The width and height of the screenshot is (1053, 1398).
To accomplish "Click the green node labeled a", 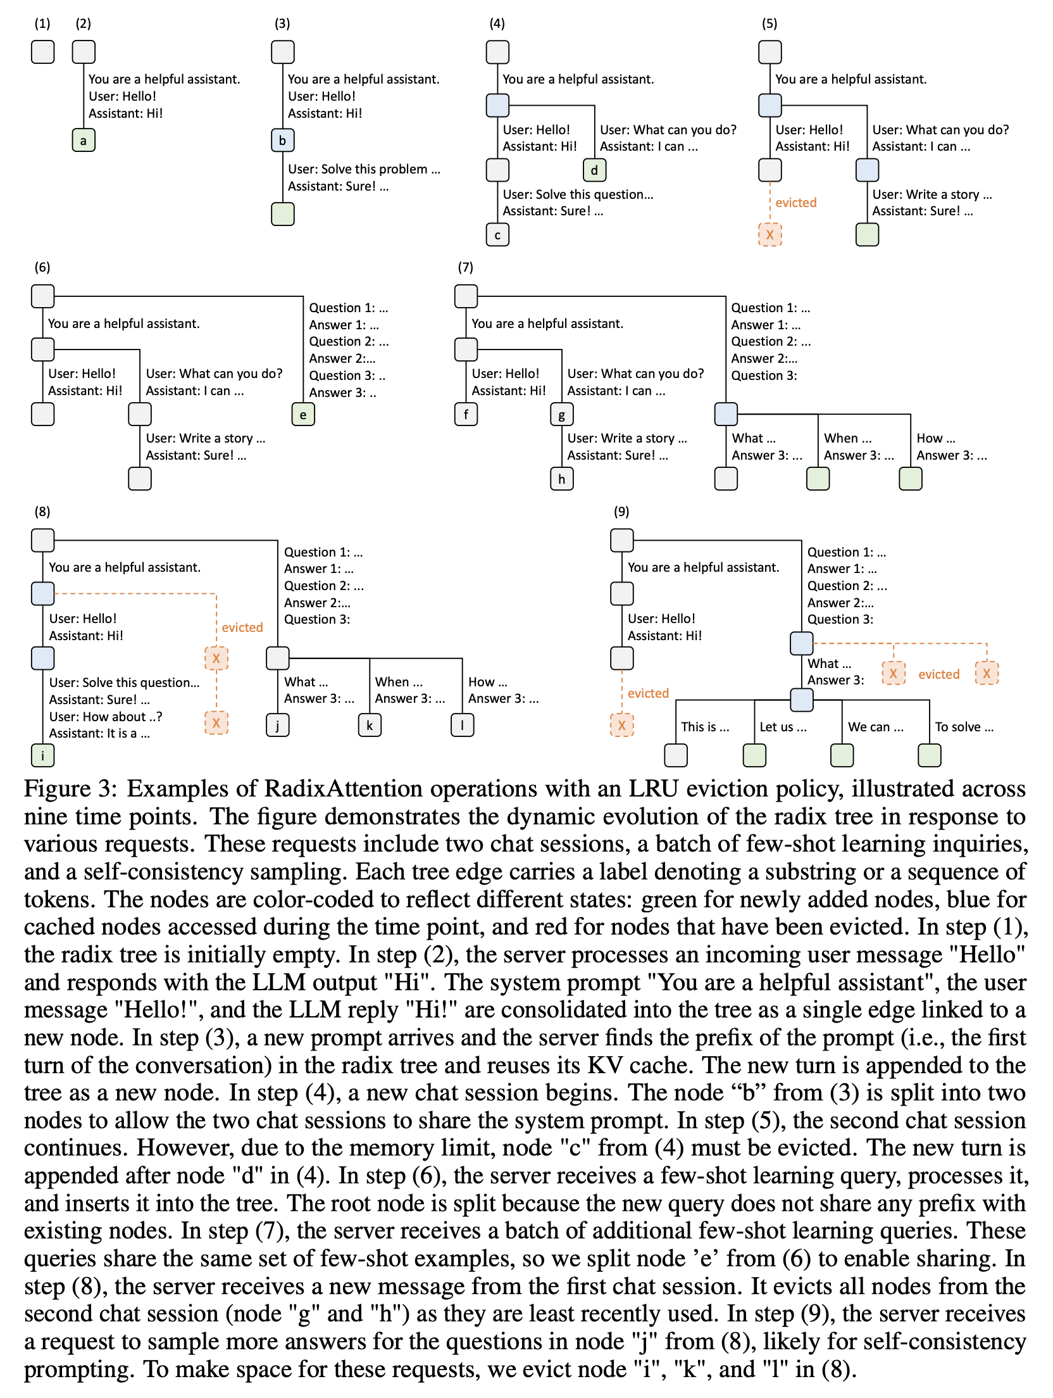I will [84, 141].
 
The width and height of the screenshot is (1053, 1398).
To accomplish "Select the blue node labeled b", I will [282, 141].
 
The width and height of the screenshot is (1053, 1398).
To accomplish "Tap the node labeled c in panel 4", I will [497, 235].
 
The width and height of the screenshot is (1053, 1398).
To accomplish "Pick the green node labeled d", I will [594, 170].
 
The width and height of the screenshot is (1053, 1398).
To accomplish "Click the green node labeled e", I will [303, 415].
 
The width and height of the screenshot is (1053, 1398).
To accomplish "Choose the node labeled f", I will [466, 415].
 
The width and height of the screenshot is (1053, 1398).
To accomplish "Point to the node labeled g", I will [562, 415].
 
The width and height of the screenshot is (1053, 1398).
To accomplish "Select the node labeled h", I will [562, 479].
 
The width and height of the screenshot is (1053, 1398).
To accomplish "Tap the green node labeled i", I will [43, 755].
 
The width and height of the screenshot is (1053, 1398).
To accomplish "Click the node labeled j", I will [278, 725].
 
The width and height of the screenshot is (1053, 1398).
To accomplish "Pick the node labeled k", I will [370, 725].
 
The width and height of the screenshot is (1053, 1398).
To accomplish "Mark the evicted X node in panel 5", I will [769, 235].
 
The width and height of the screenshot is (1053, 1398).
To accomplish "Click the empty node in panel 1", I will [43, 52].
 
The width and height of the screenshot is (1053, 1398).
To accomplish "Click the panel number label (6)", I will [42, 267].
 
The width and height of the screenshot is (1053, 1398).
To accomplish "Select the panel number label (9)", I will [621, 512].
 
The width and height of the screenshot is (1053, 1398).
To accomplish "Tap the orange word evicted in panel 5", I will [796, 203].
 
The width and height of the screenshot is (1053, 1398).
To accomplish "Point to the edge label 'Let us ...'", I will [783, 727].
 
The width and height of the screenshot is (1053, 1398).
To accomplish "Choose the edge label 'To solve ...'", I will [964, 727].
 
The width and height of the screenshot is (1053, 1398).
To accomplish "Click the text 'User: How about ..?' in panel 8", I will [106, 717].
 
